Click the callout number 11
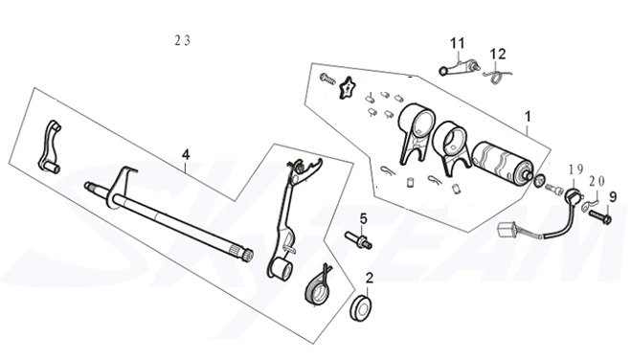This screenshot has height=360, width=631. click(x=457, y=42)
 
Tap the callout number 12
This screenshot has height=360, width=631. click(x=499, y=54)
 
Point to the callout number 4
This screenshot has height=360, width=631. click(x=186, y=153)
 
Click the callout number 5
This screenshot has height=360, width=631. click(x=363, y=219)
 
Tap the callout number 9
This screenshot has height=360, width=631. click(x=613, y=197)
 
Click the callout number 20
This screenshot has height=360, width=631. click(x=597, y=179)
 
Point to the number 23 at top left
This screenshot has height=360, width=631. click(x=182, y=40)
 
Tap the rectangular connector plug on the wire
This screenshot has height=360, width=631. click(x=507, y=230)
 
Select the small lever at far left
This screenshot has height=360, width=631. click(x=48, y=148)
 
